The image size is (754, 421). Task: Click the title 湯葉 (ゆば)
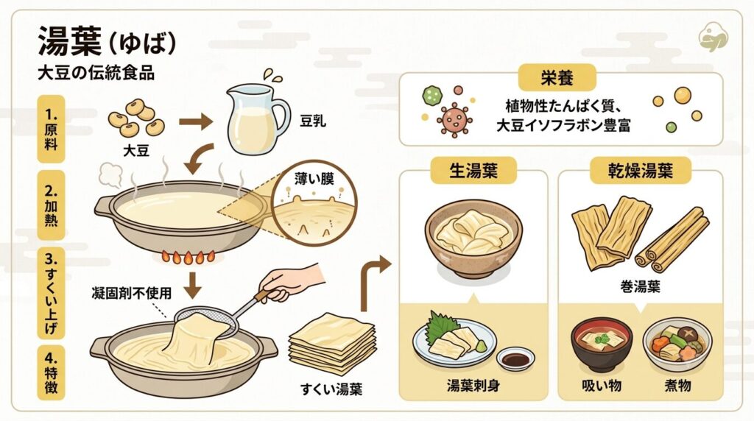coord(108,42)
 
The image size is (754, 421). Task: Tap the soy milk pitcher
coord(257,119)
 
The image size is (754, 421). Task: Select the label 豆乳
coord(313,121)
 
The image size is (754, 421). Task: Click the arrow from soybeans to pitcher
coord(196,121)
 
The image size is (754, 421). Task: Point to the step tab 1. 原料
coord(51,129)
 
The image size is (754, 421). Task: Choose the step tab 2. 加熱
coord(51,205)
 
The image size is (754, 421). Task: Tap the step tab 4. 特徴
coord(51,372)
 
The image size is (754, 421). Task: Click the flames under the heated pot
coord(188,257)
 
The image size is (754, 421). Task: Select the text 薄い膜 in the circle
coord(314,180)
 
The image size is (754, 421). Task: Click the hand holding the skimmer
coord(292,283)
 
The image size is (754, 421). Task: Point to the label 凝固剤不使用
coord(131,293)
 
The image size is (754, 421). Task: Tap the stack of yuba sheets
coord(332,343)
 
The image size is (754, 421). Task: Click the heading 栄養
coord(557,78)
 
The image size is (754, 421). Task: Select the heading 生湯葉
coord(473,171)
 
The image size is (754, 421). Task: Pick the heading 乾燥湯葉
coord(641,171)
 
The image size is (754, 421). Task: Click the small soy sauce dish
coord(515,359)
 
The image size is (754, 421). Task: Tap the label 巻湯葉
coord(641,287)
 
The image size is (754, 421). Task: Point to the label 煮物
coord(678,385)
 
